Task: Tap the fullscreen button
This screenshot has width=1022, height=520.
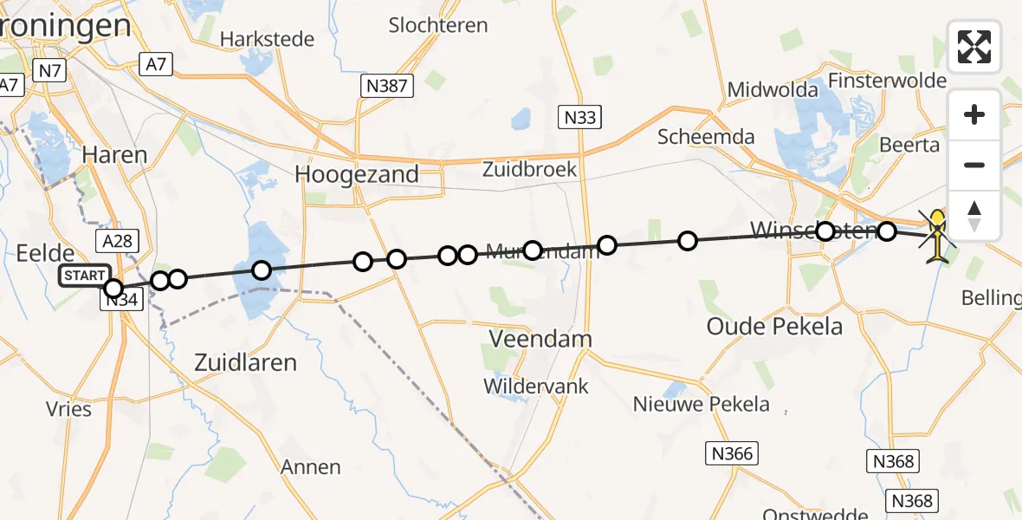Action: (x=974, y=47)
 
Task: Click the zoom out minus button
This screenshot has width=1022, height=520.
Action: (x=974, y=165)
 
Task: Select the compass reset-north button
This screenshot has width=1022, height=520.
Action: (x=974, y=215)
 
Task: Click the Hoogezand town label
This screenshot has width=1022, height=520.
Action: (x=357, y=174)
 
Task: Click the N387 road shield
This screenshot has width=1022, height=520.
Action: (x=386, y=85)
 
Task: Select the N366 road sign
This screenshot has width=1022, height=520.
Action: (x=732, y=452)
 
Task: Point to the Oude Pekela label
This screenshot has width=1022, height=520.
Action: (x=762, y=327)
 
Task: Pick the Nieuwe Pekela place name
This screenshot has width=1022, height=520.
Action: (x=701, y=403)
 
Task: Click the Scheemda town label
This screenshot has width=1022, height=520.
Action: (x=706, y=136)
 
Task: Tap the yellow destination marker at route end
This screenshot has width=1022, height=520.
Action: (x=937, y=222)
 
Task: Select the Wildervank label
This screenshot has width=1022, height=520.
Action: (x=536, y=386)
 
